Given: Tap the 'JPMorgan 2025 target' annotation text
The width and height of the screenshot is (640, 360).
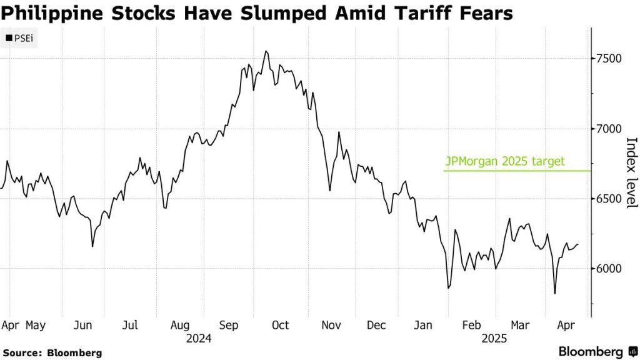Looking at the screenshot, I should pyautogui.click(x=504, y=161).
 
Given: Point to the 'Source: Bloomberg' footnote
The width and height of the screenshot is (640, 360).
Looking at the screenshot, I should pyautogui.click(x=52, y=353).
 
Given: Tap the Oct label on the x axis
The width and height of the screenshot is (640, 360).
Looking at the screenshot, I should pyautogui.click(x=280, y=325).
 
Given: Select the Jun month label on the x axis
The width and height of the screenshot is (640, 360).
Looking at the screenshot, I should pyautogui.click(x=83, y=325).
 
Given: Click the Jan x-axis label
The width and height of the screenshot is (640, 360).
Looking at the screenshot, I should pyautogui.click(x=424, y=325).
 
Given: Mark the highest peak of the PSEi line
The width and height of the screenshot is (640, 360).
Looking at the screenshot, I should pyautogui.click(x=266, y=51).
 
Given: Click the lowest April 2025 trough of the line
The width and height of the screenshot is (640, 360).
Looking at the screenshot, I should pyautogui.click(x=555, y=293).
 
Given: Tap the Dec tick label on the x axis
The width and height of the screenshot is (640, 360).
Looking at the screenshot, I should pyautogui.click(x=377, y=325).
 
